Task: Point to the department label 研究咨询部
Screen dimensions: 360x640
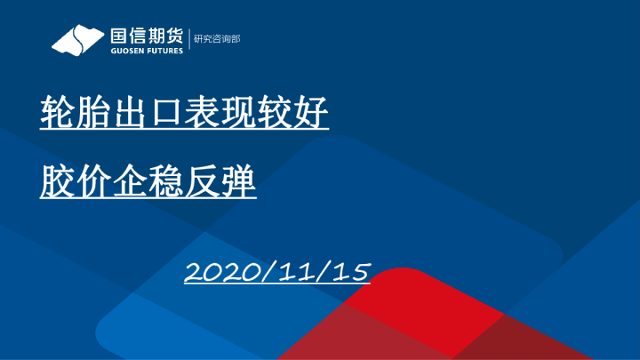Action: pyautogui.click(x=217, y=39)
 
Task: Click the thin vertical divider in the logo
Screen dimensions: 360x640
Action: pyautogui.click(x=188, y=40)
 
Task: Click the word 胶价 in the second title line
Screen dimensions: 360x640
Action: pyautogui.click(x=74, y=185)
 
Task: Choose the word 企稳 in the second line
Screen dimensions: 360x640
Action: pyautogui.click(x=146, y=185)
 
